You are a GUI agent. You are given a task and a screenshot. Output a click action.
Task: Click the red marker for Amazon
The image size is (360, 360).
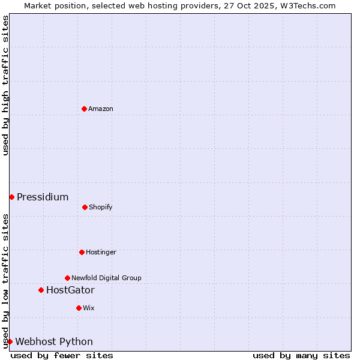pyautogui.click(x=84, y=109)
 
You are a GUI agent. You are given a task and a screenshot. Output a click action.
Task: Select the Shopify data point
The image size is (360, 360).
pyautogui.click(x=85, y=207)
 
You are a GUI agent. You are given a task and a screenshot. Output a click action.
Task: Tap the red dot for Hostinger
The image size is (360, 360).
pyautogui.click(x=82, y=252)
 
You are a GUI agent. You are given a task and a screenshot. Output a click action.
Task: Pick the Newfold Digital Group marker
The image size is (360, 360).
pyautogui.click(x=67, y=278)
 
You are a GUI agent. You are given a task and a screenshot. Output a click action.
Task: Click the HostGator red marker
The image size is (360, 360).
pyautogui.click(x=41, y=290)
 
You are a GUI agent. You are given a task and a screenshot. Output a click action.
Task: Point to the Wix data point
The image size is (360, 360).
pyautogui.click(x=79, y=308)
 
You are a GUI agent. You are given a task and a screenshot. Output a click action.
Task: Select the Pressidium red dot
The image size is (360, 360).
pyautogui.click(x=11, y=197)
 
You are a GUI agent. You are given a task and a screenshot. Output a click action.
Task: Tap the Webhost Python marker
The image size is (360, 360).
pyautogui.click(x=10, y=341)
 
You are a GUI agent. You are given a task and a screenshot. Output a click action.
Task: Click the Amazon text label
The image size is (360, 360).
pyautogui.click(x=101, y=109)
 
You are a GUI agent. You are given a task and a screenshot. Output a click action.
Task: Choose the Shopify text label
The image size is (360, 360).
pyautogui.click(x=101, y=207)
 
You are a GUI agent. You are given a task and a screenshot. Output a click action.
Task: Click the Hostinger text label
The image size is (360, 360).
pyautogui.click(x=101, y=252)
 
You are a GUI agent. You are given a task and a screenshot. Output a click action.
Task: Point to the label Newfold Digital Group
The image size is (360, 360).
pyautogui.click(x=106, y=278)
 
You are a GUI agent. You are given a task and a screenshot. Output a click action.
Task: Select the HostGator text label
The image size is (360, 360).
pyautogui.click(x=70, y=290)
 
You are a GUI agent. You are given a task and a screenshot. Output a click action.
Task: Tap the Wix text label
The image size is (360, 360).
pyautogui.click(x=89, y=308)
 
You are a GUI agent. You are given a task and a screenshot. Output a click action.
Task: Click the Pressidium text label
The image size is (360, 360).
pyautogui.click(x=43, y=197)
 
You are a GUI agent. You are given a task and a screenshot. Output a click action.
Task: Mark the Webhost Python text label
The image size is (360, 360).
pyautogui.click(x=54, y=341)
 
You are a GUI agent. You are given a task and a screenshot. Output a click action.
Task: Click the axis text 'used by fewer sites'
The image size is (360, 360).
pyautogui.click(x=62, y=355)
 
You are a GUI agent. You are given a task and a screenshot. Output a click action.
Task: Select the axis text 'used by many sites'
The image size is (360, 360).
pyautogui.click(x=301, y=355)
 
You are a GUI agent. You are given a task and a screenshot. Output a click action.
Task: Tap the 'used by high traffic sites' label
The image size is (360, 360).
pyautogui.click(x=5, y=85)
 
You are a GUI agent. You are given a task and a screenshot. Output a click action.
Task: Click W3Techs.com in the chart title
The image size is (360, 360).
pyautogui.click(x=306, y=5)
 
